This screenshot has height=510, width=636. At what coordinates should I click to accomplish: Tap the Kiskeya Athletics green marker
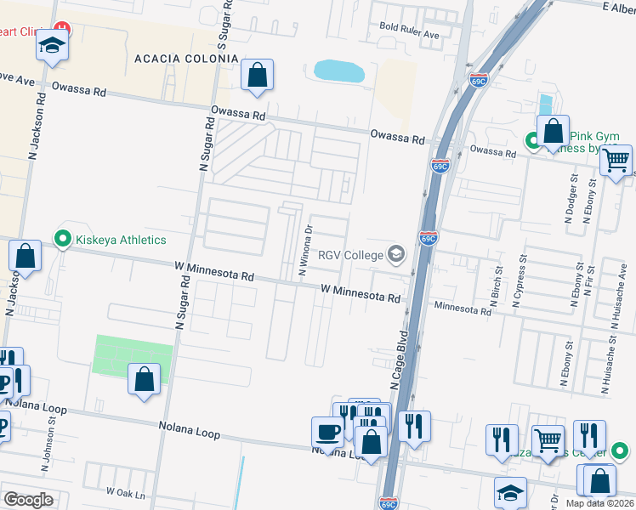pyautogui.click(x=61, y=240)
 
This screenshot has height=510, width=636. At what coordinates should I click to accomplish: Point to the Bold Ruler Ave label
pyautogui.click(x=409, y=35)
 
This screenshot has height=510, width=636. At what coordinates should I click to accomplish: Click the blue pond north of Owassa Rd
pyautogui.click(x=339, y=71)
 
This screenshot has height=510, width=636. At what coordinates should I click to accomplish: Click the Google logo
pyautogui.click(x=28, y=500)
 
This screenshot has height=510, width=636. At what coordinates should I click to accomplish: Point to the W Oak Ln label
pyautogui.click(x=127, y=493)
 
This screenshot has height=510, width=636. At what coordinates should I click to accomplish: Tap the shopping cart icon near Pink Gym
pyautogui.click(x=616, y=159)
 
